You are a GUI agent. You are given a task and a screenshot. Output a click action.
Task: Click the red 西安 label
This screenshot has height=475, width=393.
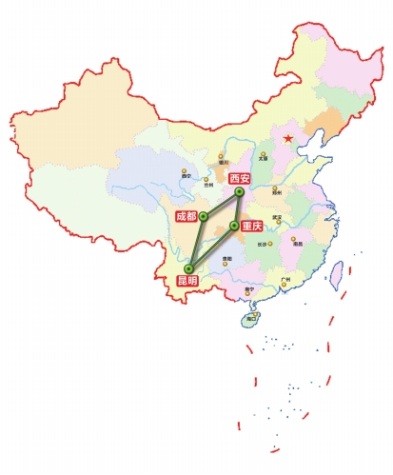[x=240, y=178]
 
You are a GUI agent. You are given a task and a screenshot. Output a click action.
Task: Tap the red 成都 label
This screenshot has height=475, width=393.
[x=186, y=217]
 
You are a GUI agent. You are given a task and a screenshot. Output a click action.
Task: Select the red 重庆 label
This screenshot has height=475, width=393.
[x=251, y=227]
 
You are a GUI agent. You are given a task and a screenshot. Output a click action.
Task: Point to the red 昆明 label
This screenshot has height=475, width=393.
[x=187, y=281]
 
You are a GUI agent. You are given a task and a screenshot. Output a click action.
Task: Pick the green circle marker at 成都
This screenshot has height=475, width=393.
[x=204, y=216]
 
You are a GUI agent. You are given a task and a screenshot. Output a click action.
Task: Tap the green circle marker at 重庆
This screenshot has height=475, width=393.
[x=234, y=226]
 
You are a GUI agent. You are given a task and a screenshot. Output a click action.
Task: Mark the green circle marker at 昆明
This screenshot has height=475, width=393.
[x=188, y=267]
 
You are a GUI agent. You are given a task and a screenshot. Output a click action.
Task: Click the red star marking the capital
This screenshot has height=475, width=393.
[x=287, y=139]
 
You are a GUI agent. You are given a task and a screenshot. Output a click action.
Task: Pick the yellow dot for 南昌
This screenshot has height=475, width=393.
[x=293, y=239]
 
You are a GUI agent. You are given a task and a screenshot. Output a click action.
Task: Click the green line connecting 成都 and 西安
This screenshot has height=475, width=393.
[x=222, y=204]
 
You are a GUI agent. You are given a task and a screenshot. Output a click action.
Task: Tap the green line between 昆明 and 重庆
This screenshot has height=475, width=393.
[x=211, y=247]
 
